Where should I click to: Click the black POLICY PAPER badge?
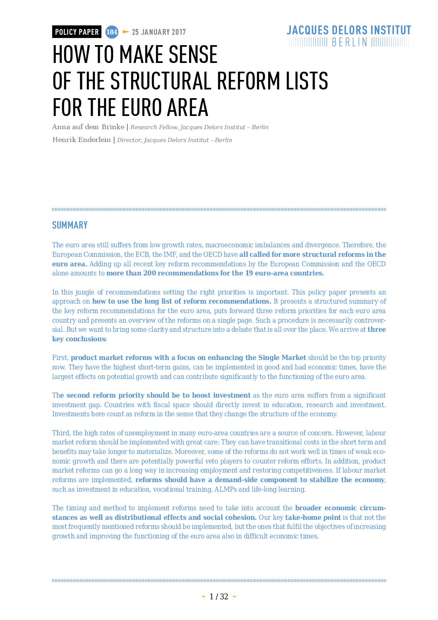click(77, 32)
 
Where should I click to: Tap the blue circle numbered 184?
click(112, 32)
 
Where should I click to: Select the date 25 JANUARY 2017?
click(159, 32)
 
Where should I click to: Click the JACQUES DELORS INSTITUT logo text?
click(349, 30)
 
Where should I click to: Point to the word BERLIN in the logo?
click(349, 42)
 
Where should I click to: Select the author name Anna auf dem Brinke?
click(88, 127)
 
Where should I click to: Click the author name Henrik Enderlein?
click(82, 140)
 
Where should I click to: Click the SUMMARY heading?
click(70, 225)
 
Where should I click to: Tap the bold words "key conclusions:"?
click(79, 339)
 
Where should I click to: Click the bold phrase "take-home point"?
click(313, 518)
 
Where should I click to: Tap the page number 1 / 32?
click(219, 597)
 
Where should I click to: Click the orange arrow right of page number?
click(235, 597)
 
